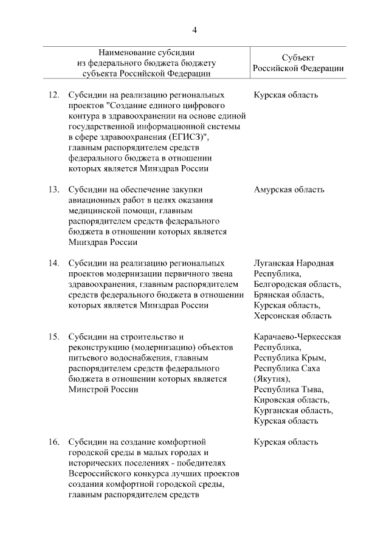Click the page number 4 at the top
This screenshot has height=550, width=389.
pos(194,31)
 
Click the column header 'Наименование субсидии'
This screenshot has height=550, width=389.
pos(147,52)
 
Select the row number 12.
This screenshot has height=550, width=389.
pos(53,95)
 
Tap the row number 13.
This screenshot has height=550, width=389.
pos(53,190)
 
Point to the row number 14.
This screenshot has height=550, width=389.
pos(53,263)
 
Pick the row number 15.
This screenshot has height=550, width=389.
pos(53,337)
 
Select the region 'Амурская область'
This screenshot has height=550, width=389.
pos(289,190)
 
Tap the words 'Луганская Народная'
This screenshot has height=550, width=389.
pos(294,263)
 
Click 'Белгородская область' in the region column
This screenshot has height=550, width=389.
pos(297,284)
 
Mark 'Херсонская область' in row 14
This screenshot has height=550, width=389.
pos(292,316)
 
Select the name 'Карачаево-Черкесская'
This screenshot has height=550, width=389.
pos(297,337)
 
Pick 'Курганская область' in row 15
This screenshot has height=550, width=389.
pos(293,411)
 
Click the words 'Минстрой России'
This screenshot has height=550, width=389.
pos(103,390)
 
